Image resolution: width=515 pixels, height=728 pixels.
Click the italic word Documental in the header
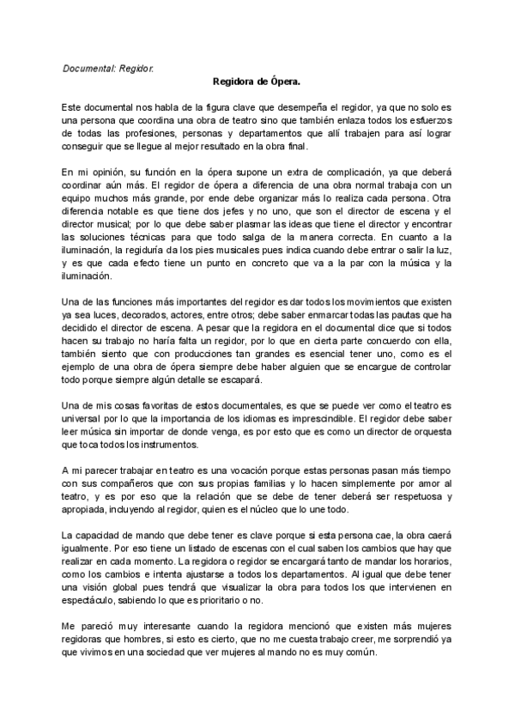point(88,67)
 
